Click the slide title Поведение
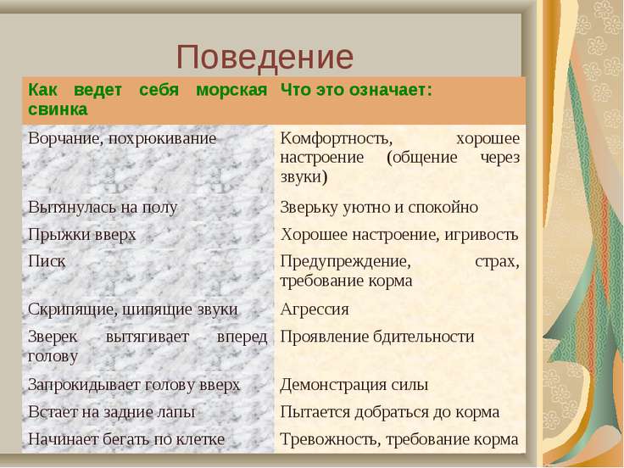[265, 57]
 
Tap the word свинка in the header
[58, 109]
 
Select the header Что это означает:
[356, 90]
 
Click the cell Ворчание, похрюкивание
[122, 138]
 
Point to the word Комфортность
[337, 138]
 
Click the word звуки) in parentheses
[304, 176]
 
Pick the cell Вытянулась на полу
[103, 208]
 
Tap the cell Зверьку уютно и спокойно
[379, 208]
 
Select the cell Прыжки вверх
[82, 234]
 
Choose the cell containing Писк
[46, 261]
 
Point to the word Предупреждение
[345, 262]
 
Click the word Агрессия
[315, 309]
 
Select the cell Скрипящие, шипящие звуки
[132, 309]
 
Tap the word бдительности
[423, 337]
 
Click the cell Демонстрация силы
[354, 385]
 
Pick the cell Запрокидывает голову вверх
[134, 385]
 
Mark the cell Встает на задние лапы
[111, 412]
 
